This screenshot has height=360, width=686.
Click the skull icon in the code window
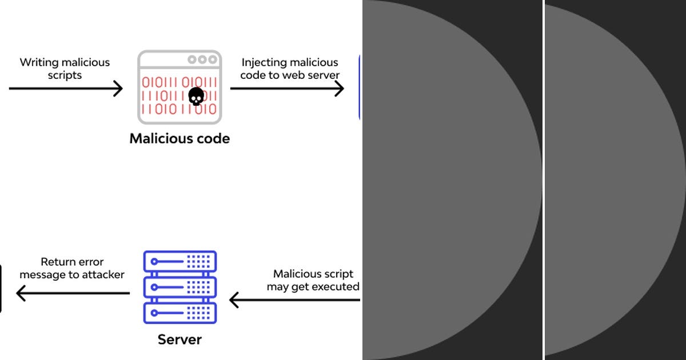(196, 97)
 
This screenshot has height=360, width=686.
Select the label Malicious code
(180, 138)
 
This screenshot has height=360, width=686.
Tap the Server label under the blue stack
(180, 339)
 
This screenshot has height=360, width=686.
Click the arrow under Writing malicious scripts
(66, 89)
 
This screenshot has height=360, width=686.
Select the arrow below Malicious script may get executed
(294, 299)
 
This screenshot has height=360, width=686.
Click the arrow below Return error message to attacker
(73, 294)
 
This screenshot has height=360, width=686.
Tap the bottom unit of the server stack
(180, 313)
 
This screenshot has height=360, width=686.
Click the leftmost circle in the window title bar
(192, 59)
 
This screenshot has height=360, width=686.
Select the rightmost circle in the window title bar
(213, 59)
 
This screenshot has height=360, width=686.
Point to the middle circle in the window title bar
(202, 59)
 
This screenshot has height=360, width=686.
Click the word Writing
(39, 63)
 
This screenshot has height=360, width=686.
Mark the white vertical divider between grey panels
(543, 180)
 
